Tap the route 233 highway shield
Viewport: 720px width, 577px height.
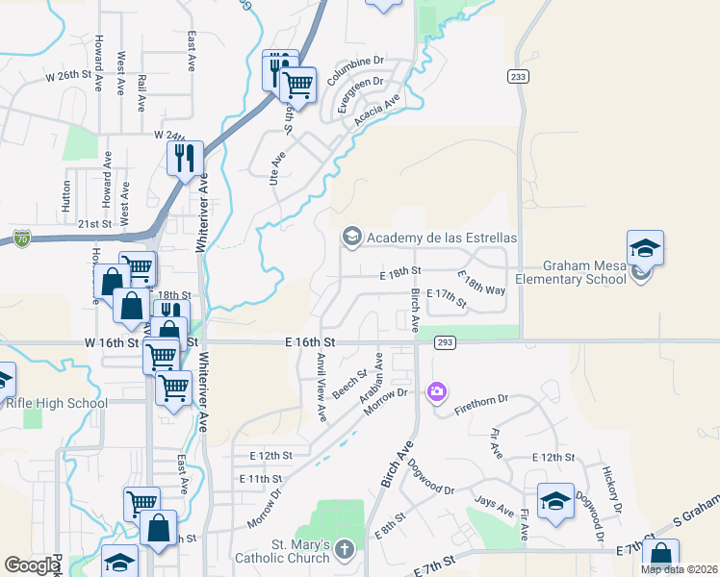click(x=519, y=76)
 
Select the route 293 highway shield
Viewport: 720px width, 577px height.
click(x=445, y=342)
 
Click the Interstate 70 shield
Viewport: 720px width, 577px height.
click(x=22, y=237)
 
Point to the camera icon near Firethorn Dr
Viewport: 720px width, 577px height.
click(x=438, y=391)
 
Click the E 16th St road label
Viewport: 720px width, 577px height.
click(x=310, y=341)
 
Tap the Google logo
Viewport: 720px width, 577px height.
click(x=32, y=565)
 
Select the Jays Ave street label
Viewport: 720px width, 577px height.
click(x=495, y=506)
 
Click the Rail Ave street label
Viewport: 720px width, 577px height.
click(x=141, y=87)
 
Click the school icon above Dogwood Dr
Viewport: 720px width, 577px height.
click(x=555, y=502)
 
